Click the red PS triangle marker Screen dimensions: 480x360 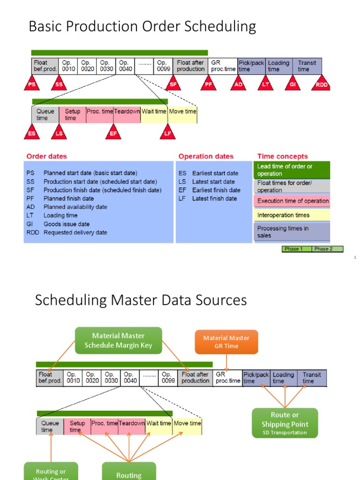tap(32, 84)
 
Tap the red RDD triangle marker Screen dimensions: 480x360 tap(322, 84)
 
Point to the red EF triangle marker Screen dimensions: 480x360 tap(113, 133)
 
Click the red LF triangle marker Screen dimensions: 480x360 tap(168, 133)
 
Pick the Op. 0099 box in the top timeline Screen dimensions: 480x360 tap(164, 66)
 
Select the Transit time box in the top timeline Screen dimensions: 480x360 tap(308, 66)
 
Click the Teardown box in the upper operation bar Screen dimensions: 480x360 tap(127, 114)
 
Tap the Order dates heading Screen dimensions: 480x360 tap(46, 156)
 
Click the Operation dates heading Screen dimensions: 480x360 tap(206, 156)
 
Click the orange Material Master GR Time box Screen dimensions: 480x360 tap(226, 342)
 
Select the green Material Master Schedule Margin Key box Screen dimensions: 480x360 tap(119, 341)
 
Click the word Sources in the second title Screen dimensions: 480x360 tap(217, 300)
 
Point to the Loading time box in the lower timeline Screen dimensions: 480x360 tap(284, 378)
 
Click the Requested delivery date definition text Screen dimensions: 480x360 tap(75, 232)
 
